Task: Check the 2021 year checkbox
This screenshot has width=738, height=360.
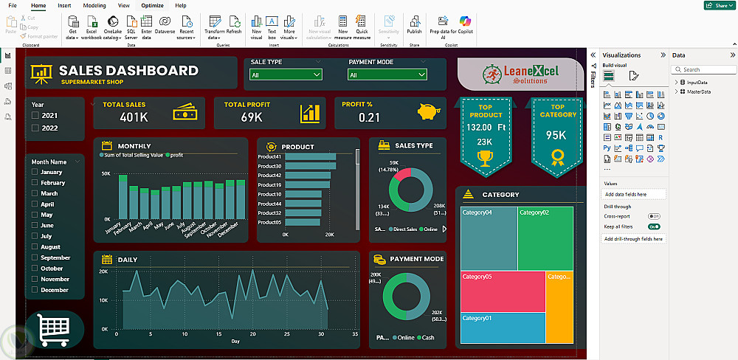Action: pos(35,116)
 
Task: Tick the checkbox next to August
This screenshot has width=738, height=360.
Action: pos(35,247)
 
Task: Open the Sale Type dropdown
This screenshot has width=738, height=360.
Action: pos(286,75)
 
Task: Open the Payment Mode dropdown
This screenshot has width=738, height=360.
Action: pos(387,75)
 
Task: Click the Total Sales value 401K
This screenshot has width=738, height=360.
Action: pos(134,117)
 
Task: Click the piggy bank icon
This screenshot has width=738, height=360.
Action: pos(427,111)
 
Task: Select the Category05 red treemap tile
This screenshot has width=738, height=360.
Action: pos(502,291)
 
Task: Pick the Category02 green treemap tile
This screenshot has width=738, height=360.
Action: pos(545,238)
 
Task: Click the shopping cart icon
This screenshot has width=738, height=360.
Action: pos(52,329)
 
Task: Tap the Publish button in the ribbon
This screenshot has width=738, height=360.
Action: pos(414,25)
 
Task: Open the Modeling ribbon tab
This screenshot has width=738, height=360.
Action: pos(94,5)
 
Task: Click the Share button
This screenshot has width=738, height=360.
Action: pos(718,6)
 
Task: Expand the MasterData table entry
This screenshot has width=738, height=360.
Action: pos(677,91)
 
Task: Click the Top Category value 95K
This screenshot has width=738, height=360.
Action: pos(556,136)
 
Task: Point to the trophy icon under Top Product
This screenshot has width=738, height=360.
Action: pos(484,156)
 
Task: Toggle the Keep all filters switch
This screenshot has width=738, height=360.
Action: pos(653,226)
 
